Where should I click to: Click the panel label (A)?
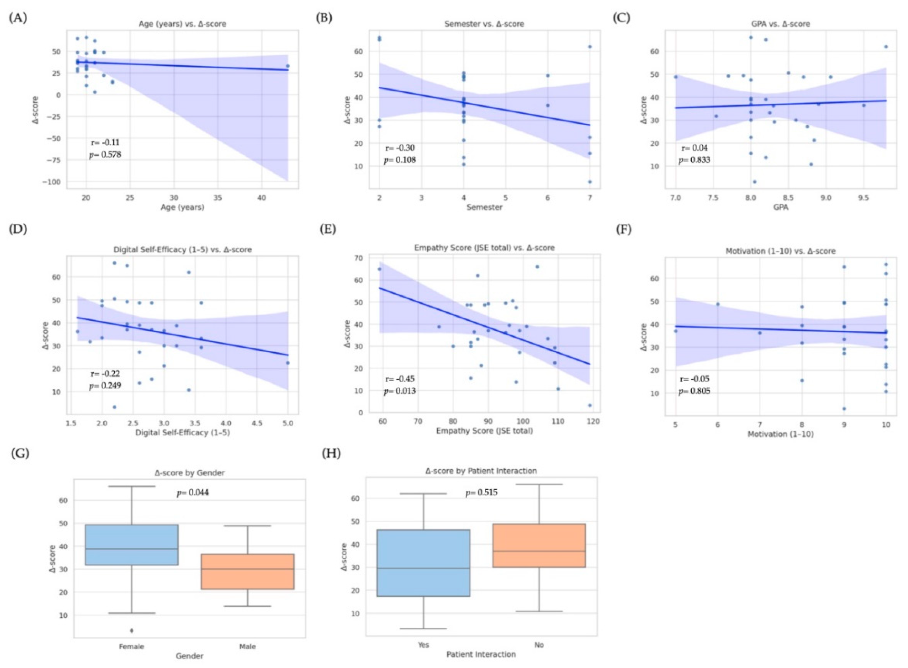(x=18, y=18)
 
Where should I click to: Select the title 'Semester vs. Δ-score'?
(x=484, y=24)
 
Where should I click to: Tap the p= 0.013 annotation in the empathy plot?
(x=400, y=391)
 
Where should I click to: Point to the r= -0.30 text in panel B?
(x=400, y=148)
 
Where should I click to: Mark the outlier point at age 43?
(x=288, y=66)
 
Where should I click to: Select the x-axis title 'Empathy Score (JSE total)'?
(x=484, y=431)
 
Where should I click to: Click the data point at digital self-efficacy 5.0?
(x=288, y=363)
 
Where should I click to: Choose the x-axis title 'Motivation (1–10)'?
(x=780, y=434)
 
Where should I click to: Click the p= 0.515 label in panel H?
(x=481, y=492)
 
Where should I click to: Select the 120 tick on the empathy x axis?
(x=593, y=421)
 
